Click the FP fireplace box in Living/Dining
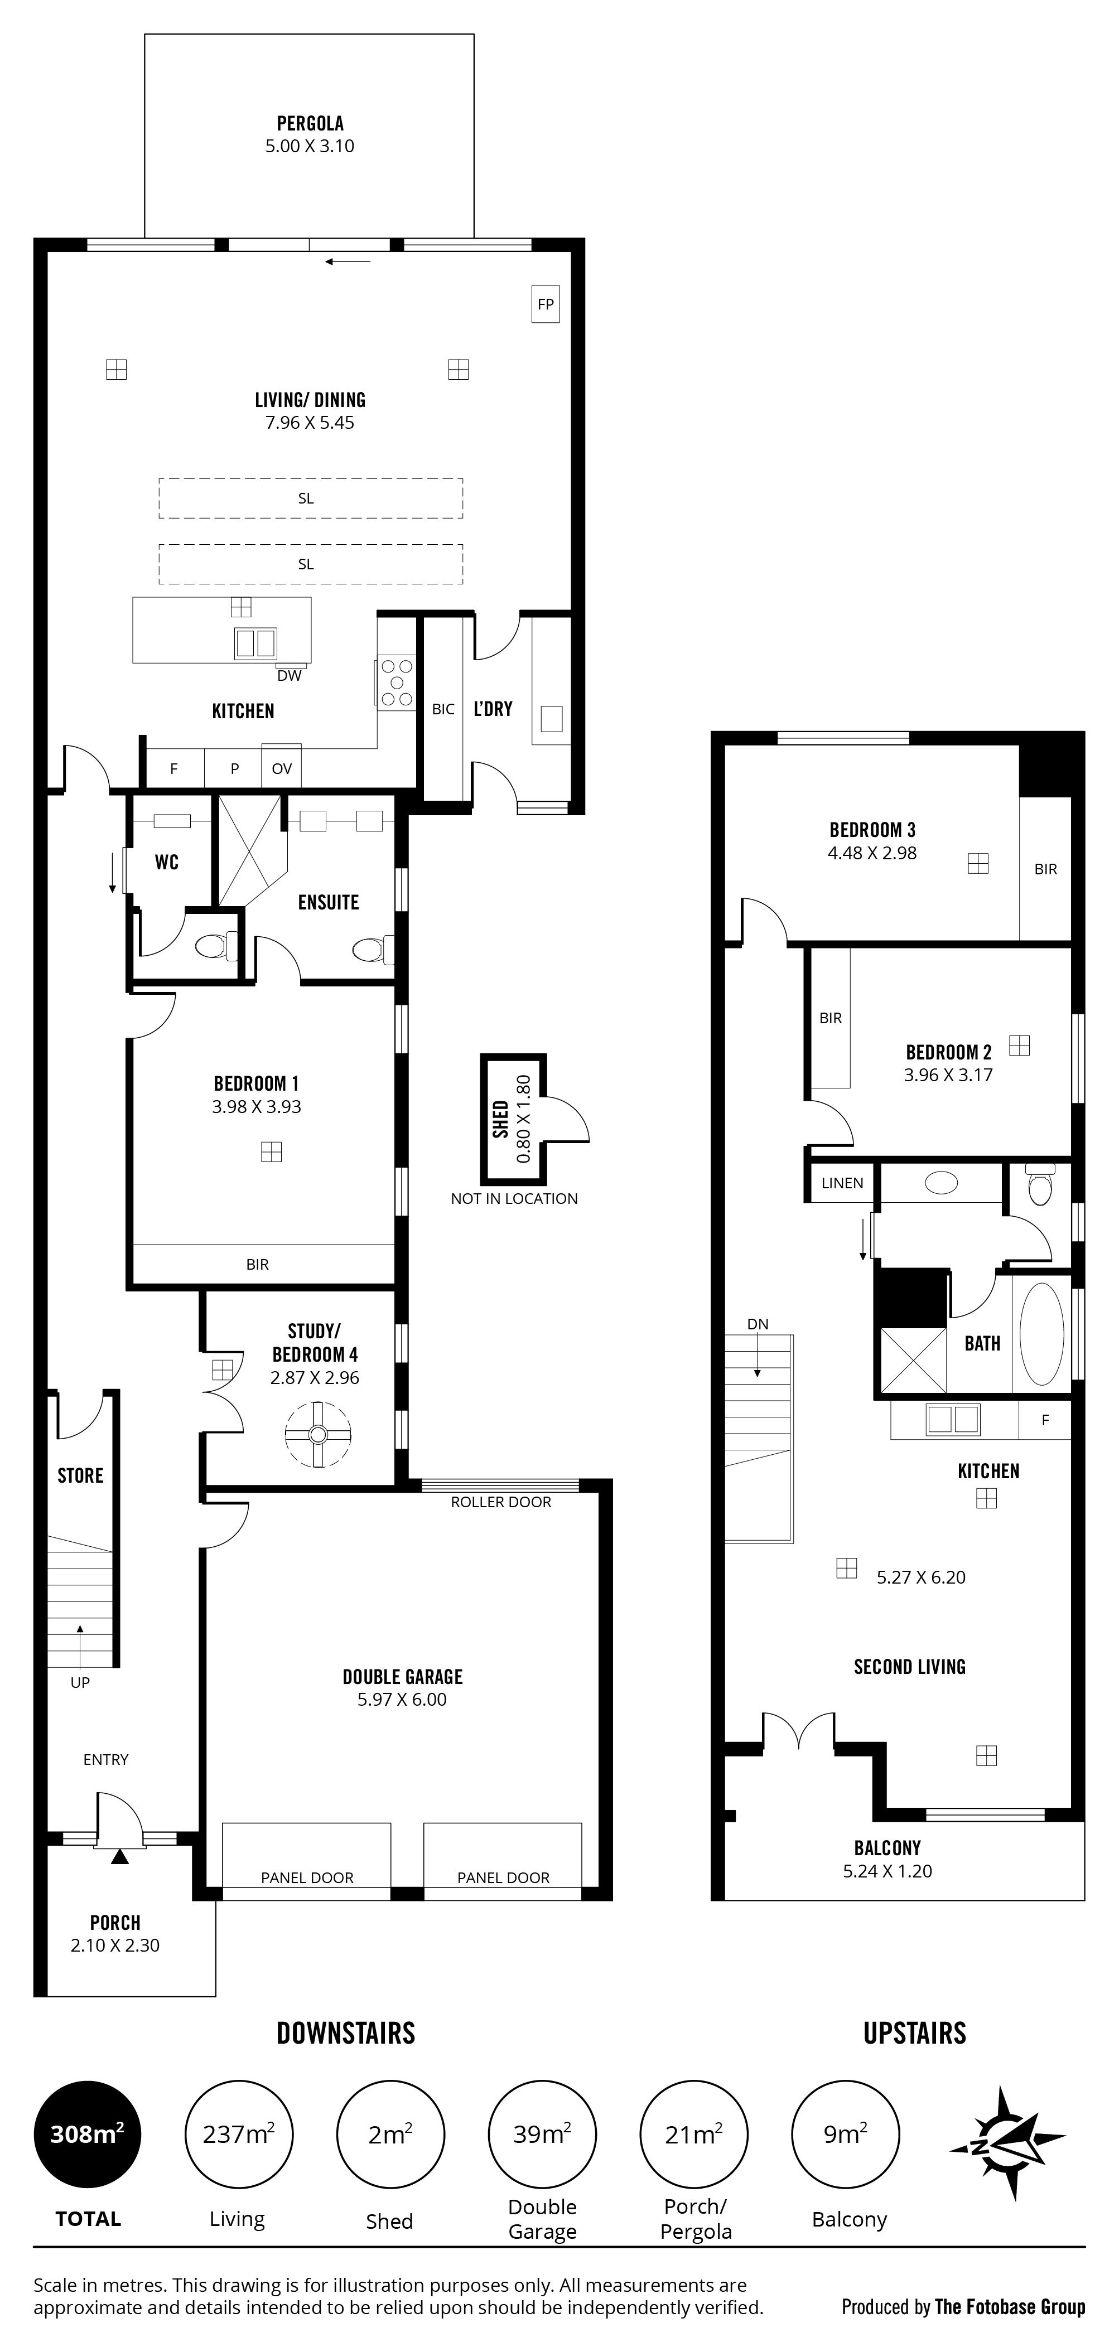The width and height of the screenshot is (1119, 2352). pyautogui.click(x=546, y=304)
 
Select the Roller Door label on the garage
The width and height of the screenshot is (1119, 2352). pyautogui.click(x=500, y=1502)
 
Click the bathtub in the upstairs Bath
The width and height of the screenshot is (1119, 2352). pyautogui.click(x=1041, y=1334)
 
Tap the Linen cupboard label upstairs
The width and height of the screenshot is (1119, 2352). pyautogui.click(x=842, y=1183)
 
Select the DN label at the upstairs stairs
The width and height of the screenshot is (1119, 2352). pyautogui.click(x=758, y=1324)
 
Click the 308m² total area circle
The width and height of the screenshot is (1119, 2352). pyautogui.click(x=88, y=2134)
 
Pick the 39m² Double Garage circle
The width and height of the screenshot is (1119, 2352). pyautogui.click(x=543, y=2134)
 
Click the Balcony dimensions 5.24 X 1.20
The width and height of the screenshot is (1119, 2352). pyautogui.click(x=888, y=1871)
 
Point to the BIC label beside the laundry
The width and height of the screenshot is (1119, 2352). pyautogui.click(x=443, y=709)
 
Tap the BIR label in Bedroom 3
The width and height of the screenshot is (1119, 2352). pyautogui.click(x=1046, y=869)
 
